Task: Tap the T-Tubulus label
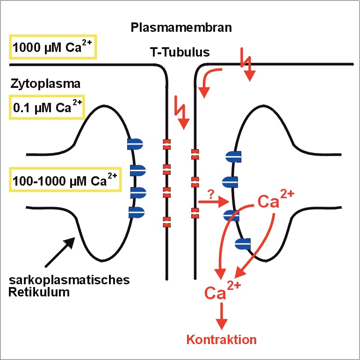(x=180, y=53)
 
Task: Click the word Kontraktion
(x=222, y=339)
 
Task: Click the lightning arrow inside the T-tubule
(x=181, y=112)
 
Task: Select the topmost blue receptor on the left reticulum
(x=135, y=144)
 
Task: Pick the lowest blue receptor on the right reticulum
(x=243, y=243)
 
